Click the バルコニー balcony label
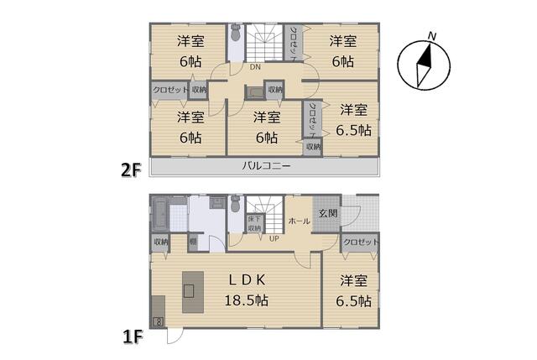click(266, 166)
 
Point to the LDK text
click(245, 279)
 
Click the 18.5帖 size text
click(245, 300)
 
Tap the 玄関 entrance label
click(327, 213)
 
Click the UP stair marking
click(274, 238)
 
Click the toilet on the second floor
click(236, 38)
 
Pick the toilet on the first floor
click(236, 204)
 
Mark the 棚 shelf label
click(193, 242)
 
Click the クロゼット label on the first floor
click(361, 242)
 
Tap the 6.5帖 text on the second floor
click(353, 130)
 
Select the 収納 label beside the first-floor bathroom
click(160, 242)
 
